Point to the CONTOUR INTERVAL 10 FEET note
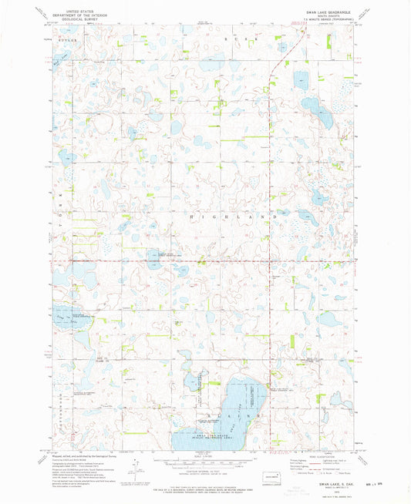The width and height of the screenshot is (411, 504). point(205,477)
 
